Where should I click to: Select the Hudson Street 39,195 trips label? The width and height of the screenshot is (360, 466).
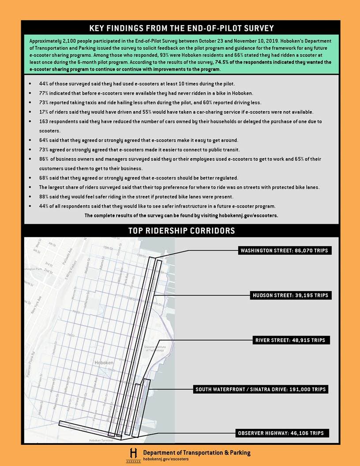point(290,295)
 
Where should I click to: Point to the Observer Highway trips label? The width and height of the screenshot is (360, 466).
point(283,433)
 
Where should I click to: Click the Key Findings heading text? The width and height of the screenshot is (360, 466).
point(181,28)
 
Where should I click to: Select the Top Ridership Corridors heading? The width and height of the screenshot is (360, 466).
point(181,231)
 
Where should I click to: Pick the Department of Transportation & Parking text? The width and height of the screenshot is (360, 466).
point(196,452)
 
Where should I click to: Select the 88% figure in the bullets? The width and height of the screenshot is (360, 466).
point(44,196)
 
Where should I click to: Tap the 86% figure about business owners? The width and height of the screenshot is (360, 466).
point(44,159)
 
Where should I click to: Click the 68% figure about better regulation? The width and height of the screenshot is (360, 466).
point(44,178)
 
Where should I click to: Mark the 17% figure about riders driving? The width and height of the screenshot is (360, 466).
point(44,112)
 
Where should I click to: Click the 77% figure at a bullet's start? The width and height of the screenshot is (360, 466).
point(44,93)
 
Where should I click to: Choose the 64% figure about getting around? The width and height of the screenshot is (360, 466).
point(44,140)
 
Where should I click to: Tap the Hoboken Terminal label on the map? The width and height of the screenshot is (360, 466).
point(101,440)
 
